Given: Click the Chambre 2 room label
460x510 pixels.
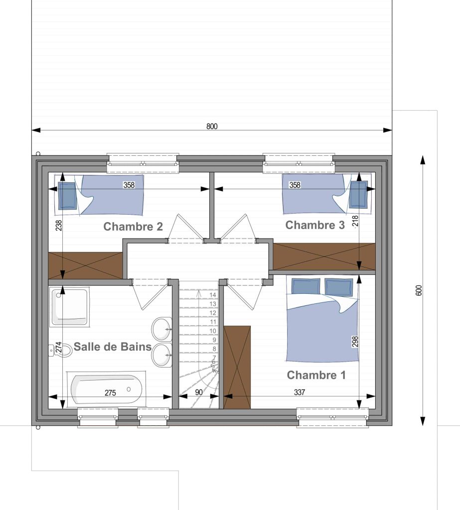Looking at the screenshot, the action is (133, 227).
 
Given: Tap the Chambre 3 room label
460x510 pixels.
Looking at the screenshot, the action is (315, 225).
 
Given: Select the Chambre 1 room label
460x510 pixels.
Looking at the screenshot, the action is (316, 375).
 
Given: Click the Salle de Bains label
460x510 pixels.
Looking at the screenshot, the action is (113, 347).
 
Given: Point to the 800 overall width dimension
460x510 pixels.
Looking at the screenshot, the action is (212, 126).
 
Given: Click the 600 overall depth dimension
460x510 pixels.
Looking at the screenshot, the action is (419, 290).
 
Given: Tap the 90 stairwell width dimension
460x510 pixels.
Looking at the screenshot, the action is (198, 392).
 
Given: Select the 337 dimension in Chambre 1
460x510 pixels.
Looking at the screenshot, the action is (300, 392).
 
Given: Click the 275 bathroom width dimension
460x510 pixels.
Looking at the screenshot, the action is (110, 393).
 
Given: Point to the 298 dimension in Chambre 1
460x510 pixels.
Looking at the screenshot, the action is (355, 342).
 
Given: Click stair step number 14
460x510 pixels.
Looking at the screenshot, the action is (213, 295).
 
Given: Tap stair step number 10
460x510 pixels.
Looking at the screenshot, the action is (213, 331).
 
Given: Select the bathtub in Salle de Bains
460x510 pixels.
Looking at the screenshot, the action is (107, 389).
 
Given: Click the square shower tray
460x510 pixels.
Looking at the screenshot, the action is (70, 307).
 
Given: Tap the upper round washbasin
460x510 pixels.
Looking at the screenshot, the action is (162, 329).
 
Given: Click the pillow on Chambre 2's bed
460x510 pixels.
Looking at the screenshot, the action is (67, 196).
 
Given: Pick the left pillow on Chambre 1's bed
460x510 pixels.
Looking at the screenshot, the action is (306, 286).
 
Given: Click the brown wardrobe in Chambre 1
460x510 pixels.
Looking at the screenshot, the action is (237, 367).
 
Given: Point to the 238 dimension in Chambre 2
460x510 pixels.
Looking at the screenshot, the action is (59, 226).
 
